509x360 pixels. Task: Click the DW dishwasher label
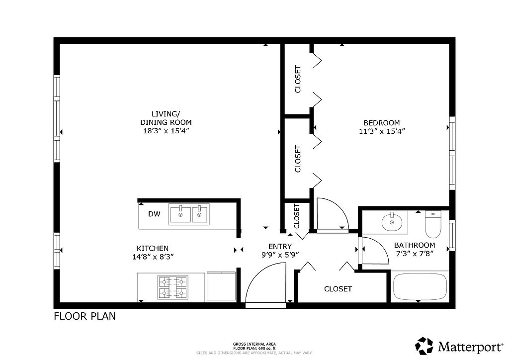[x=154, y=214]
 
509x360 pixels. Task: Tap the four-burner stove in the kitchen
[x=172, y=287]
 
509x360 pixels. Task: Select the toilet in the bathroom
[x=433, y=224]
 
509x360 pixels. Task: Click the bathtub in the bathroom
[x=420, y=287]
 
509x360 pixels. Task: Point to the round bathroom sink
[x=392, y=222]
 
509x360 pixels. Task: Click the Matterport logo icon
[x=424, y=346]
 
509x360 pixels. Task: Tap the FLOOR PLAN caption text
[x=85, y=316]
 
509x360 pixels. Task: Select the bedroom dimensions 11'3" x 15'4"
[x=382, y=131]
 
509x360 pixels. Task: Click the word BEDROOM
[x=382, y=123]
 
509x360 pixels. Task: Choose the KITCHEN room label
[x=153, y=249]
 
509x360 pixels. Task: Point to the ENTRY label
[x=280, y=247]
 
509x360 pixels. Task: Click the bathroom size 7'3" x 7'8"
[x=415, y=254]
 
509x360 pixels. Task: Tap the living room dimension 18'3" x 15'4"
[x=166, y=131]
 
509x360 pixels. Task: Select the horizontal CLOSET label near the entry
[x=338, y=289]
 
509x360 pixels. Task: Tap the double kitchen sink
[x=189, y=214]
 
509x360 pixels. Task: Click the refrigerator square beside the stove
[x=221, y=286]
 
